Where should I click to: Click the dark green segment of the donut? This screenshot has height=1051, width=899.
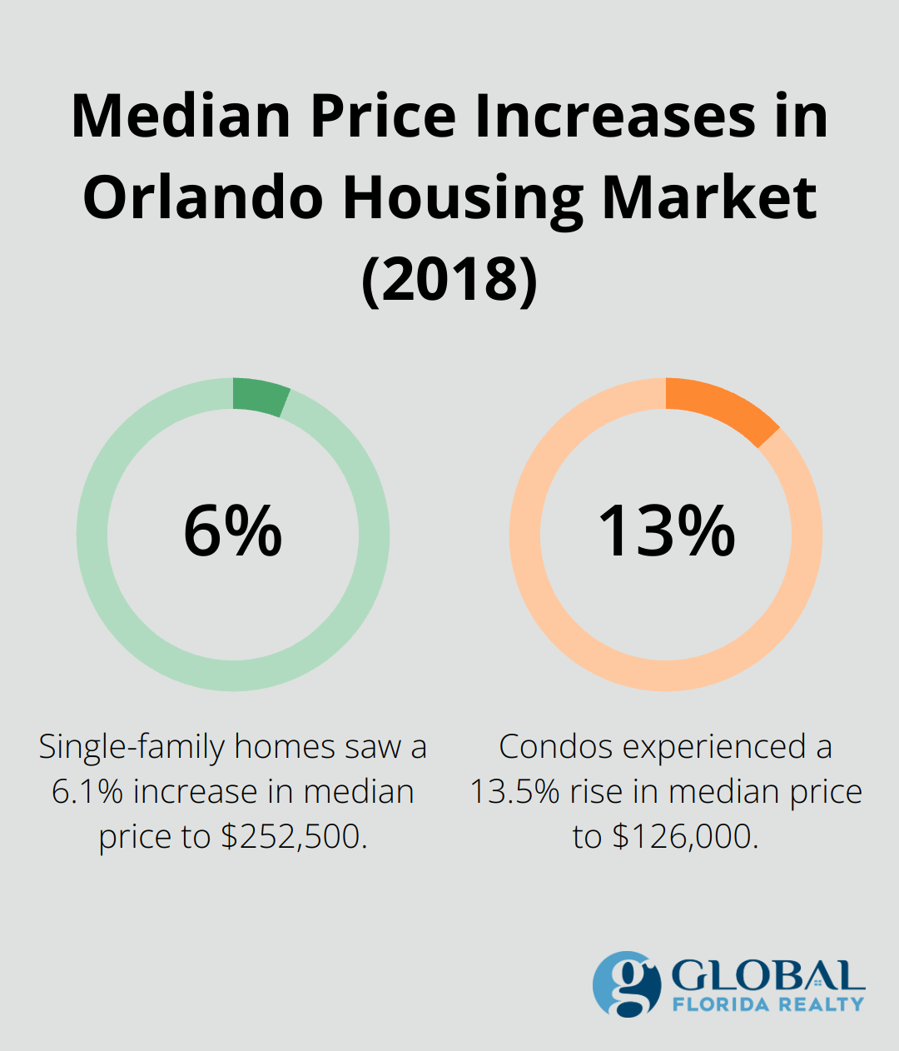pyautogui.click(x=260, y=396)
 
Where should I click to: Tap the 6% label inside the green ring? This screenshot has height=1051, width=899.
pyautogui.click(x=232, y=531)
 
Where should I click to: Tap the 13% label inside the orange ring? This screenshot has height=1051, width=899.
pyautogui.click(x=666, y=531)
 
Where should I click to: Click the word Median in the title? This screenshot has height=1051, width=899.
pyautogui.click(x=181, y=117)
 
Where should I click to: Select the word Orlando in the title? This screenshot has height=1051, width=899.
pyautogui.click(x=202, y=198)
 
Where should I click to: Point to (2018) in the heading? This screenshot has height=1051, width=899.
pyautogui.click(x=449, y=279)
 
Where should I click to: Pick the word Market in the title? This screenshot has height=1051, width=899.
pyautogui.click(x=709, y=198)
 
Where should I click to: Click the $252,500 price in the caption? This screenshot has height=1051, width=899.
pyautogui.click(x=293, y=836)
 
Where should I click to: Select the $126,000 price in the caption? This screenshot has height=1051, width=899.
pyautogui.click(x=685, y=836)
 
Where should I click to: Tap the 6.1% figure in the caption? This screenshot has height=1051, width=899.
pyautogui.click(x=87, y=791)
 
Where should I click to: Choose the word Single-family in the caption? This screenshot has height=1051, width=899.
pyautogui.click(x=131, y=747)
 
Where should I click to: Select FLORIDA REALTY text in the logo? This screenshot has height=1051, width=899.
pyautogui.click(x=767, y=1004)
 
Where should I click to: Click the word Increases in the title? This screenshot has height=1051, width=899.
pyautogui.click(x=614, y=117)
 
